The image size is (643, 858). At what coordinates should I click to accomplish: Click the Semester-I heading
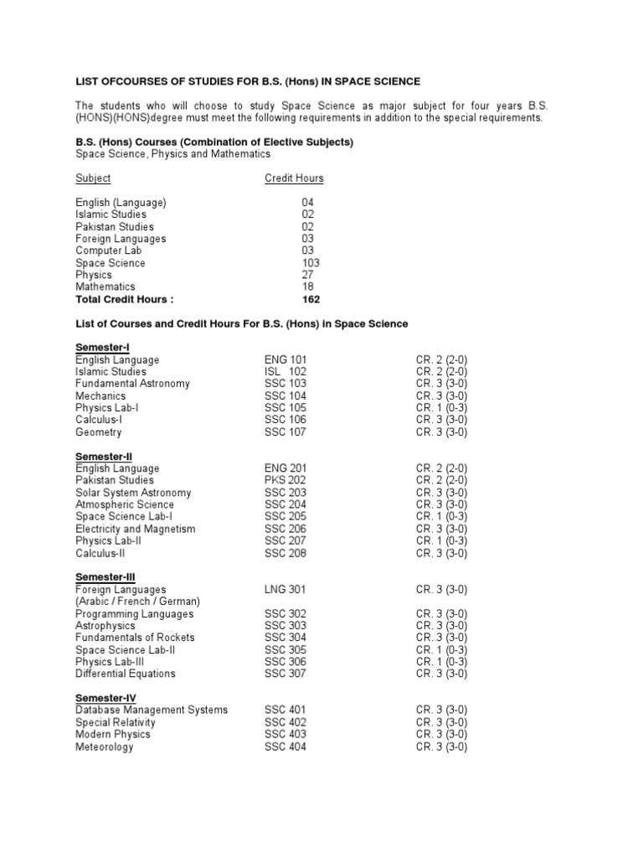102,347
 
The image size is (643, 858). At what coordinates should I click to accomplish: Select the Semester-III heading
105,577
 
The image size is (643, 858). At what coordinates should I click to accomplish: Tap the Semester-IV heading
105,698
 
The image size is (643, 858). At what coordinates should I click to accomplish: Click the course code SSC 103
285,384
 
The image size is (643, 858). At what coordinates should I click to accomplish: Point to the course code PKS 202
285,481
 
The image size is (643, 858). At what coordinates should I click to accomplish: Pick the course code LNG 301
285,590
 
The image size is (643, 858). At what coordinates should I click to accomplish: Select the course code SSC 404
285,747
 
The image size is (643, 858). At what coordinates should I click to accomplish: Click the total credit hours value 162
311,299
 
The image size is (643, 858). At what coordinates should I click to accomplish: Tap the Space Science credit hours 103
311,263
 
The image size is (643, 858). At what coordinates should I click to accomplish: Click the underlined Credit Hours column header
294,178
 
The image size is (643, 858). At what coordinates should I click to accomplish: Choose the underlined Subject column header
93,178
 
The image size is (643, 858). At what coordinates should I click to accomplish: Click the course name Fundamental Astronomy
132,384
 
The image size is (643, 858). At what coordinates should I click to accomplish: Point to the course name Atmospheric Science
125,505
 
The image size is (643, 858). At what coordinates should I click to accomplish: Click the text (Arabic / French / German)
138,602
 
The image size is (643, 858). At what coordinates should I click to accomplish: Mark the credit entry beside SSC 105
441,408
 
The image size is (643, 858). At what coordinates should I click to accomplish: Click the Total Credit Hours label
125,299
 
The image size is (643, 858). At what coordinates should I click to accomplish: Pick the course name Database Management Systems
152,711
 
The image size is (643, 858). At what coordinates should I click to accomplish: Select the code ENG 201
285,468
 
